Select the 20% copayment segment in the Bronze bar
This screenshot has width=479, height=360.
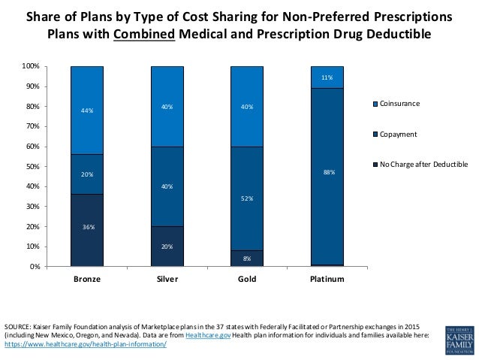86,174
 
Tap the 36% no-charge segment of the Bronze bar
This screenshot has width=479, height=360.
86,230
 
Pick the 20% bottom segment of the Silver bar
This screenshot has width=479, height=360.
167,246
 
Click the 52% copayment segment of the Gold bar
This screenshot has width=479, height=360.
248,198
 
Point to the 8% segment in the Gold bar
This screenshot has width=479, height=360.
248,258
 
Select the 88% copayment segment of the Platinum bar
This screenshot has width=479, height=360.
327,171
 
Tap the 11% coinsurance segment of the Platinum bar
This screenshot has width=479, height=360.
327,77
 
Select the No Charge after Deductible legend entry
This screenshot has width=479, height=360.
420,163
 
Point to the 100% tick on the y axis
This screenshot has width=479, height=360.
31,67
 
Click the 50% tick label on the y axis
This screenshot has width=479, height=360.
32,167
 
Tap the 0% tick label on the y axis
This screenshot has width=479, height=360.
34,267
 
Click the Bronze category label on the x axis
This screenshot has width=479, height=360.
86,280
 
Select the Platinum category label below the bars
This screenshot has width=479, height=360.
327,280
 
